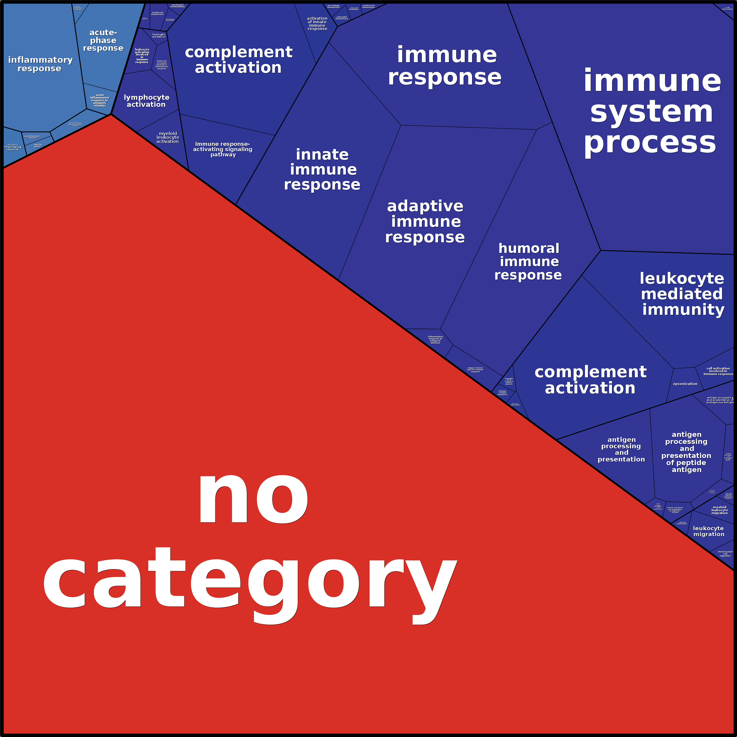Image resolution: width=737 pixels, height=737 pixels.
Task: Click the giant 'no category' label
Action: point(250,542)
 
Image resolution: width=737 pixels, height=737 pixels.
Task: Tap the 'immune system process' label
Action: point(652,111)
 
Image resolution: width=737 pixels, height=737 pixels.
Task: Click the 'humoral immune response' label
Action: point(528,262)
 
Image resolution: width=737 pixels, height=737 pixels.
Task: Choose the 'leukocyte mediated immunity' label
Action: point(682,294)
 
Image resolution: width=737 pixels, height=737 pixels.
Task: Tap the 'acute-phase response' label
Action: point(103,40)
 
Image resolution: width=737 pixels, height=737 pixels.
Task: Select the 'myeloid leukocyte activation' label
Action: point(168,137)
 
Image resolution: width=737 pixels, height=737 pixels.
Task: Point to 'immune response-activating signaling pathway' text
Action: point(223,149)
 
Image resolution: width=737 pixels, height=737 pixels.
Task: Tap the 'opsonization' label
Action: point(685,384)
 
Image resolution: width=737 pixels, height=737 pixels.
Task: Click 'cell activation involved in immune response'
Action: point(718,371)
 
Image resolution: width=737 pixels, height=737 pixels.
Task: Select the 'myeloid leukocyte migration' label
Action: point(719,510)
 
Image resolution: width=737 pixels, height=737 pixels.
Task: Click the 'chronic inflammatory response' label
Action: point(13,147)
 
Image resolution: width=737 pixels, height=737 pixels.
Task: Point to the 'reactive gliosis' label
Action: point(38,145)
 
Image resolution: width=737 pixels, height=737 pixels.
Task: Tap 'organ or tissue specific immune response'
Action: point(475,370)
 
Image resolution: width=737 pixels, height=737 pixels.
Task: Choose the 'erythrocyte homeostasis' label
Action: point(368,6)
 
